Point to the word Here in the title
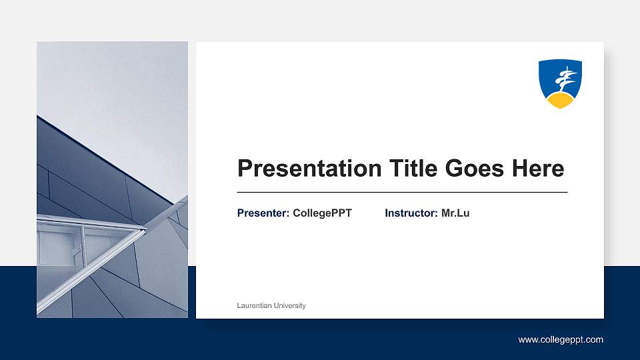pos(537,168)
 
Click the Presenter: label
pos(263,213)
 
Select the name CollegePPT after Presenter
pos(322,213)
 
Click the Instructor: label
pos(411,213)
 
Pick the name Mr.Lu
pos(455,213)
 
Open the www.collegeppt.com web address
pos(561,340)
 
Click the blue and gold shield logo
pos(560,83)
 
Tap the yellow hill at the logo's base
pos(560,101)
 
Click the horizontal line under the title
pos(402,192)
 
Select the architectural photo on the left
pos(112,180)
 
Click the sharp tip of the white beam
pos(144,229)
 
